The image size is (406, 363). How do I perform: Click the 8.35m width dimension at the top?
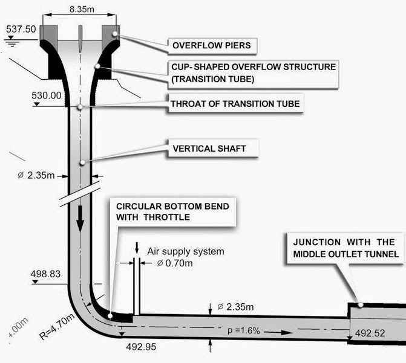point(82,10)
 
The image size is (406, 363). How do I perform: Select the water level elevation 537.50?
point(21,29)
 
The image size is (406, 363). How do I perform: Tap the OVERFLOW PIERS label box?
point(212,46)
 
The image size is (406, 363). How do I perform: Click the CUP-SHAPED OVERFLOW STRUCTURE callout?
point(254,73)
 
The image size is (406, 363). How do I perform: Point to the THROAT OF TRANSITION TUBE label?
point(235,104)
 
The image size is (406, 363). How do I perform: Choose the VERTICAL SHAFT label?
point(209,149)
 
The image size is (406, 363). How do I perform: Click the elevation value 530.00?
point(47,95)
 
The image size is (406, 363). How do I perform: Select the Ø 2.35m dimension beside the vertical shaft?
point(36,175)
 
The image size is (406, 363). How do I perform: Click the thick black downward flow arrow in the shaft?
point(80,219)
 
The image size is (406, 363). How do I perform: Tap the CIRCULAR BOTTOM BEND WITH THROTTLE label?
point(172,212)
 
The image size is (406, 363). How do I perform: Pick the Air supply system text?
point(186,251)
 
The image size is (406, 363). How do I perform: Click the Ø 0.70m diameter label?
point(175,263)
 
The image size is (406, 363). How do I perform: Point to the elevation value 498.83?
point(45,274)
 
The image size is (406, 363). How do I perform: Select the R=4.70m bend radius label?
point(57,326)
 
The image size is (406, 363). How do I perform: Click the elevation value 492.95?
point(141,347)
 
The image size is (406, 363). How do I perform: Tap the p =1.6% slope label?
point(244,330)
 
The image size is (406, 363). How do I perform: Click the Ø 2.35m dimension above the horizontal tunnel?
point(235,307)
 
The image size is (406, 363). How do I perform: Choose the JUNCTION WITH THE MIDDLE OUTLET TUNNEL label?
point(345,248)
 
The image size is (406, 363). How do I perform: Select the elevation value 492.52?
point(370,333)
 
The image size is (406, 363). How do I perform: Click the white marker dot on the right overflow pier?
point(115,34)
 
